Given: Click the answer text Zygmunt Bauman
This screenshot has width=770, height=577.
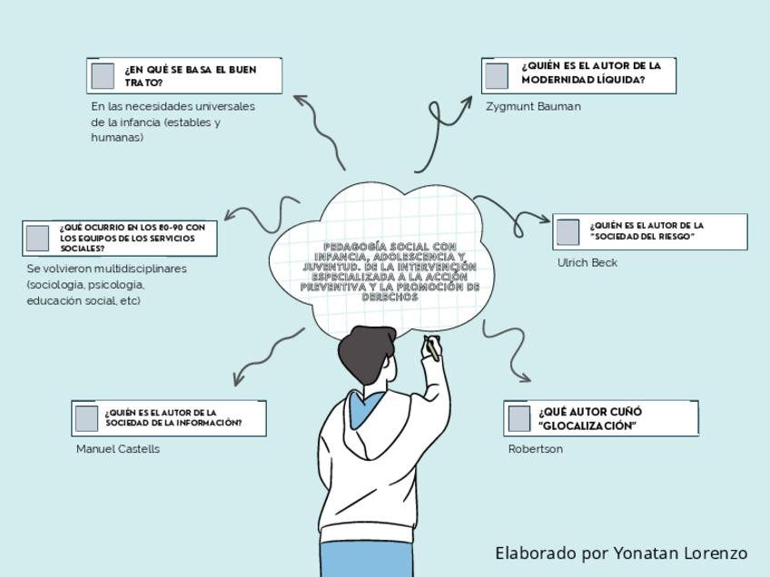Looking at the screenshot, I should (x=533, y=106).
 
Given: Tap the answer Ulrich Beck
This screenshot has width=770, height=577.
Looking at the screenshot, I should (x=587, y=262).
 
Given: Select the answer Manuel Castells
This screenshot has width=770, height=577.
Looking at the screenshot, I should (x=117, y=448).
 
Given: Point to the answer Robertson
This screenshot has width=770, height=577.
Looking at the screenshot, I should (x=535, y=448).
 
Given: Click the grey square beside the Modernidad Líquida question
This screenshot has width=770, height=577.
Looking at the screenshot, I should (x=496, y=75).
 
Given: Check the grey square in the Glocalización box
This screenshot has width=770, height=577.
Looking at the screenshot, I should (x=518, y=418).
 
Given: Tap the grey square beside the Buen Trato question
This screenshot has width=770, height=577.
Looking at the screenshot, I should (x=103, y=75).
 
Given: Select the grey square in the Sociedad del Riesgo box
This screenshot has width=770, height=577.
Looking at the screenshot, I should (x=568, y=231).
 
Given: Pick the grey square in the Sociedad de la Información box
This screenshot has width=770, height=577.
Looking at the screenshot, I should (x=86, y=418).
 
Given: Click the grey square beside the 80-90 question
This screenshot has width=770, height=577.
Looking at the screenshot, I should (x=37, y=238).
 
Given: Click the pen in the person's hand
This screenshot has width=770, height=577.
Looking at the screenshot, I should (x=432, y=348).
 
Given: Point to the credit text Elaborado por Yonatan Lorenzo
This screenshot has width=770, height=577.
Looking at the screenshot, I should (x=620, y=553).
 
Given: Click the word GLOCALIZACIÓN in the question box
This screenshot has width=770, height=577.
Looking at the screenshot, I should (x=587, y=425).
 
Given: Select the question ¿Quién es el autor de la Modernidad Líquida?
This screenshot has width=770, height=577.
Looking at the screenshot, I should (x=591, y=73).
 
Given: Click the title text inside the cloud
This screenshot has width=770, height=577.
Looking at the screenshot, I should (x=390, y=271).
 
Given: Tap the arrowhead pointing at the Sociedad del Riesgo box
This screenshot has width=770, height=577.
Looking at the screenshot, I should (x=545, y=219).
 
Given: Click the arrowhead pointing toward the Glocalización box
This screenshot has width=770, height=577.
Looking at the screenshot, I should (x=524, y=376).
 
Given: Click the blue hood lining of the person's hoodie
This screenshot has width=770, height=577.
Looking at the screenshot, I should (x=363, y=408).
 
